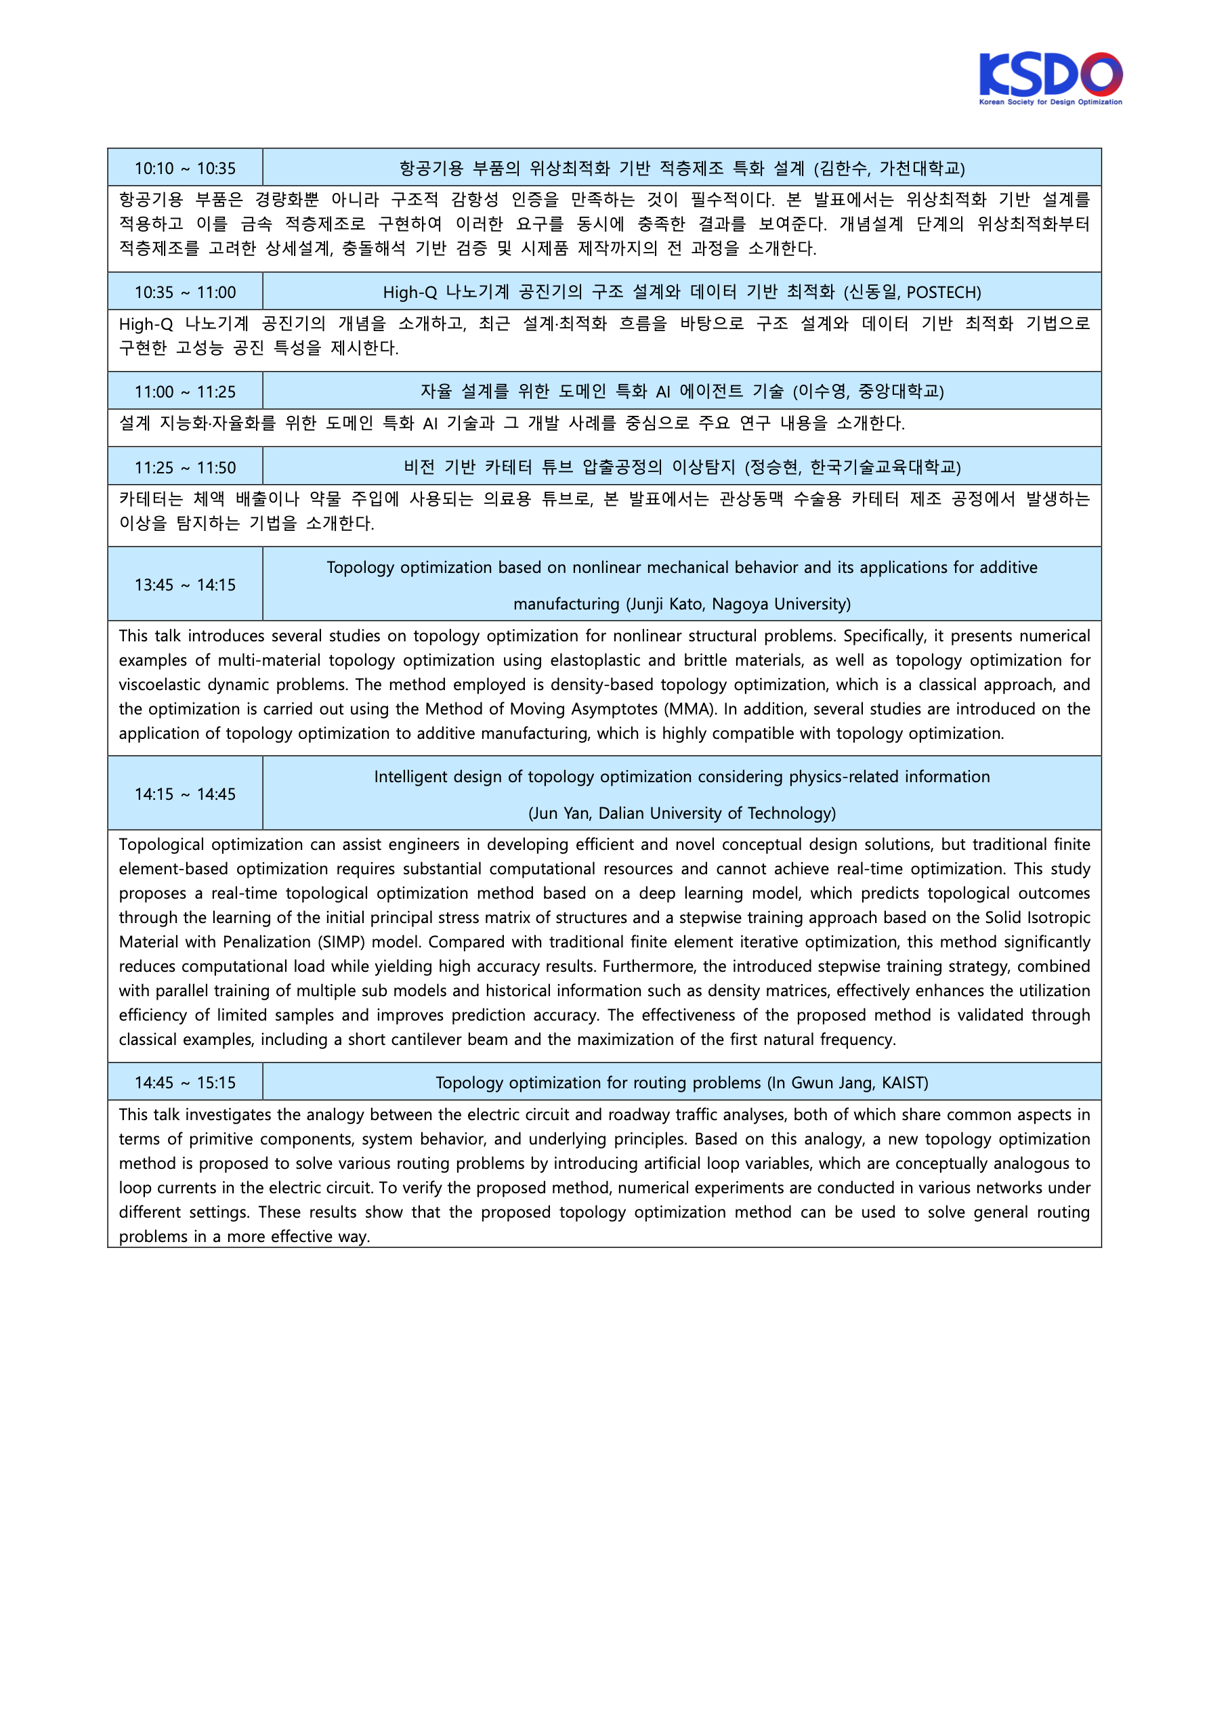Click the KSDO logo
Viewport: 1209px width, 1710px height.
[1051, 77]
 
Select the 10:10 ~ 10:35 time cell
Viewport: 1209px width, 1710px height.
[185, 169]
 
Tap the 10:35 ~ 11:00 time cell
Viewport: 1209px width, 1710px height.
[185, 292]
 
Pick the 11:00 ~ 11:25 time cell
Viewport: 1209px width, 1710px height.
[185, 391]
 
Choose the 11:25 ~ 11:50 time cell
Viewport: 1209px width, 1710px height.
[185, 468]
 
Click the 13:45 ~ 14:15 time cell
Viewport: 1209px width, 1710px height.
[185, 584]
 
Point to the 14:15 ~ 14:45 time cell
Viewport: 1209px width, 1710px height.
[185, 794]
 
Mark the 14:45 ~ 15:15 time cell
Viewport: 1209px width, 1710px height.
[185, 1082]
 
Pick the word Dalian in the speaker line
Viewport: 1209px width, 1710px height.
[621, 813]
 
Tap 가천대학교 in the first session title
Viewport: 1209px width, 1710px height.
[920, 169]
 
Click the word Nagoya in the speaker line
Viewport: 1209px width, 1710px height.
[738, 604]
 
